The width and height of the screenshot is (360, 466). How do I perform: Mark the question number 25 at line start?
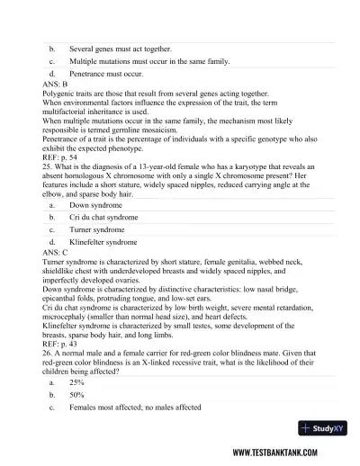click(x=46, y=164)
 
